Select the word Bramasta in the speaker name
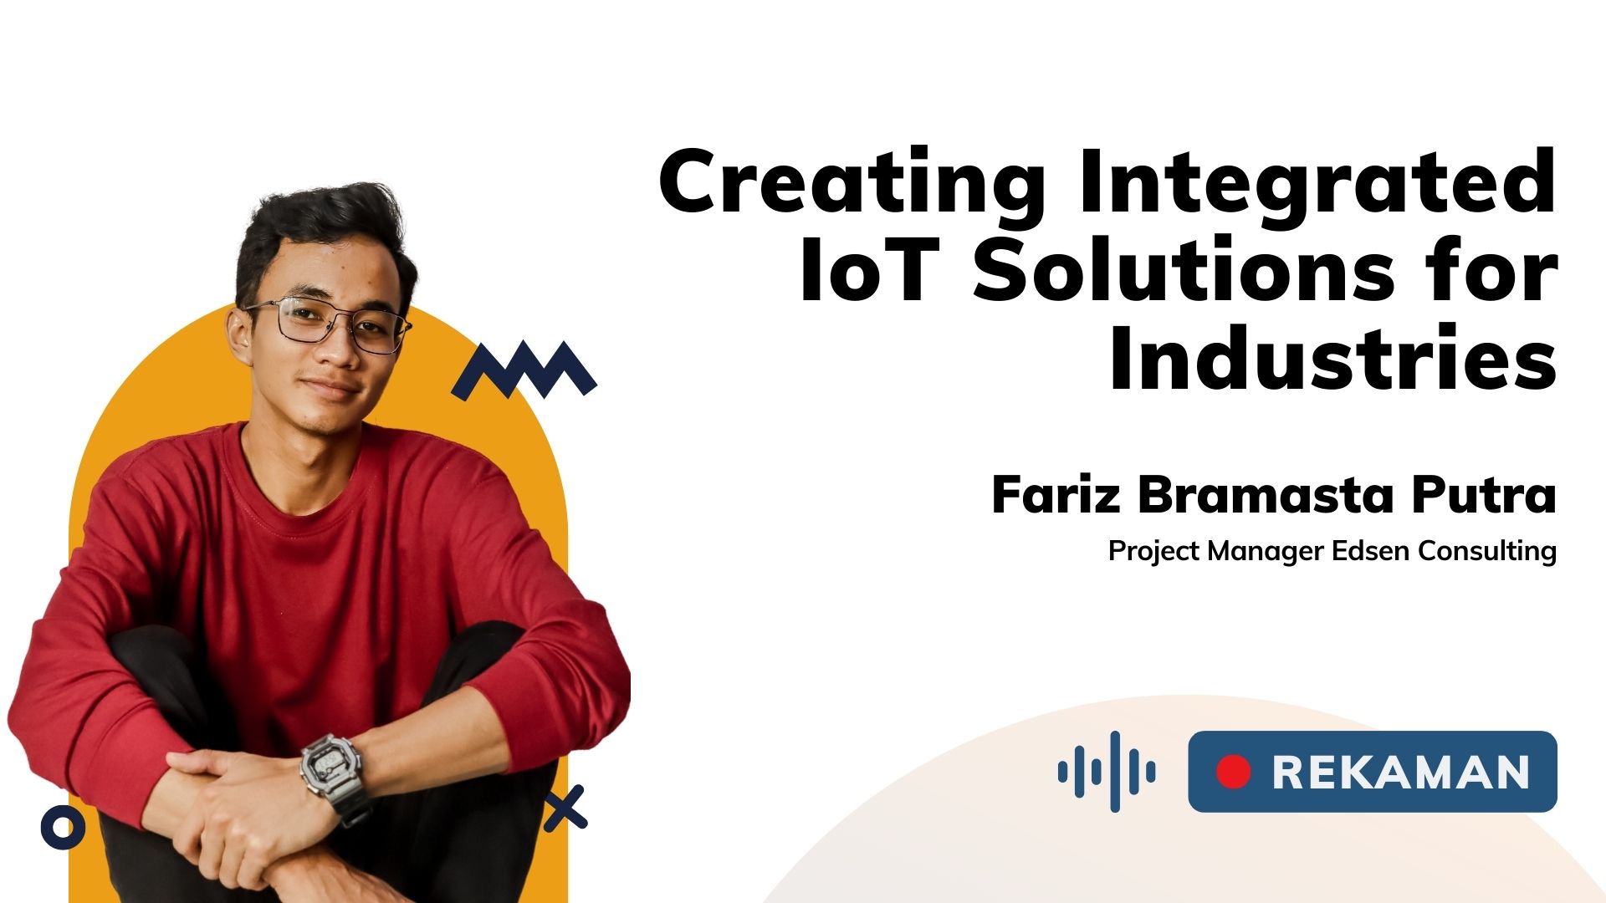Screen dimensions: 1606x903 click(x=1266, y=495)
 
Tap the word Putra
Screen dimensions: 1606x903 click(x=1484, y=495)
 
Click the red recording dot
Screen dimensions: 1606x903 click(x=1233, y=772)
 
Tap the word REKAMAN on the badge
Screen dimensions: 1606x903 click(x=1400, y=772)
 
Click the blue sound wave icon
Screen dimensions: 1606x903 click(x=1107, y=771)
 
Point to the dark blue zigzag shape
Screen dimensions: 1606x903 click(x=524, y=370)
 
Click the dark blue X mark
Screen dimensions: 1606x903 click(x=565, y=808)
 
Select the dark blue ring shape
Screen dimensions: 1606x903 click(x=63, y=828)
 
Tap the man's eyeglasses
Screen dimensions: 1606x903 click(x=329, y=324)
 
